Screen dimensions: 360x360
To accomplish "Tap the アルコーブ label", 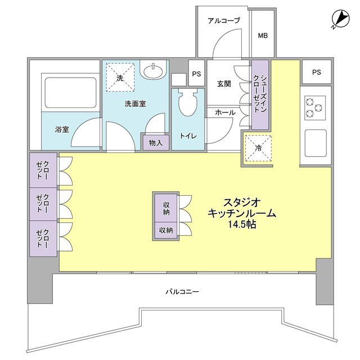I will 223,21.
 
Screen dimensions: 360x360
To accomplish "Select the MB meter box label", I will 263,36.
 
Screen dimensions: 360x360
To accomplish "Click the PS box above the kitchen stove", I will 316,72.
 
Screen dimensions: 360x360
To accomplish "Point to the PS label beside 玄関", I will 196,74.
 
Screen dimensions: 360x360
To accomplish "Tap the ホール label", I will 225,112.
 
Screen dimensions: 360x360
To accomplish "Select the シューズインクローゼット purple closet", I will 260,94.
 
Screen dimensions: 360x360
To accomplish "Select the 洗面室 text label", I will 136,103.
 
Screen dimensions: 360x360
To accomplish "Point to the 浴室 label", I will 62,129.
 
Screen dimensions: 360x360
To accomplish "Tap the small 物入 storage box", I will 156,143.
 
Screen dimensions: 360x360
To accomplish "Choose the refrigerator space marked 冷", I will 258,148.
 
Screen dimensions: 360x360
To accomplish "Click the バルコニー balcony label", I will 182,291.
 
